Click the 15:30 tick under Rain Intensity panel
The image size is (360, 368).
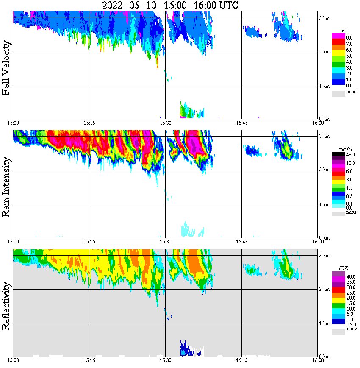pos(166,242)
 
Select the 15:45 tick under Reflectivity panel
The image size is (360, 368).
pos(242,360)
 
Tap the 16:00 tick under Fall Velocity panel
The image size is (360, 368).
pos(318,123)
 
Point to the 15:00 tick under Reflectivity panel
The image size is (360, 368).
pos(13,360)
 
